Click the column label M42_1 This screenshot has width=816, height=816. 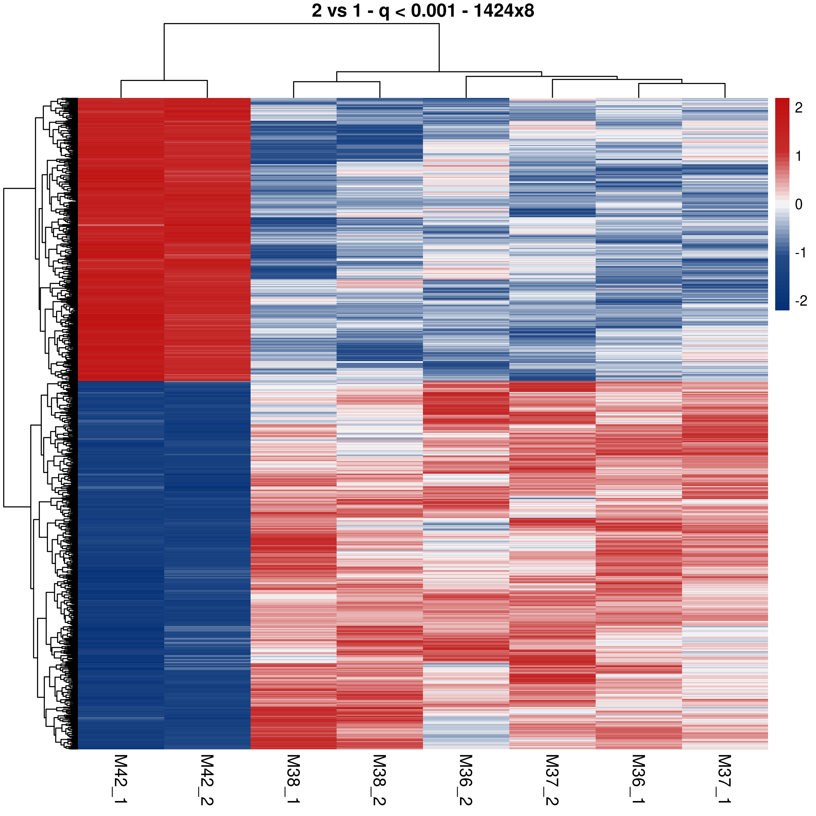tap(121, 779)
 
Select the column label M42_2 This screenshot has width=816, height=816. tap(207, 779)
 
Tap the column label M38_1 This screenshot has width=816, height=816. tap(293, 779)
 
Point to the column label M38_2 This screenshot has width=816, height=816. tap(379, 779)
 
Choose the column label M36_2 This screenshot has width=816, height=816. tap(465, 779)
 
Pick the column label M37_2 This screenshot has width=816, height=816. tap(552, 779)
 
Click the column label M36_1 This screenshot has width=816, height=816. tap(638, 779)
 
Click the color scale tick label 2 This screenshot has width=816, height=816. tap(798, 108)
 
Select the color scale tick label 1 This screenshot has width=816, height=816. tap(798, 156)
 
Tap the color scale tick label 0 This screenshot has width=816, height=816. tap(798, 204)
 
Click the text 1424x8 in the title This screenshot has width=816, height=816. tap(504, 11)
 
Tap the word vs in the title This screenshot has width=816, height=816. tap(338, 11)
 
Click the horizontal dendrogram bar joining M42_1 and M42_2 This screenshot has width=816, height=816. tap(164, 80)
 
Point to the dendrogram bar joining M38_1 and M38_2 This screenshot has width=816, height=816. tap(337, 82)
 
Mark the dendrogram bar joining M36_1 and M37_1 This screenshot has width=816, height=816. tap(682, 84)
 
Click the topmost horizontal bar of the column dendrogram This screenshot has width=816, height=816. tap(302, 24)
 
